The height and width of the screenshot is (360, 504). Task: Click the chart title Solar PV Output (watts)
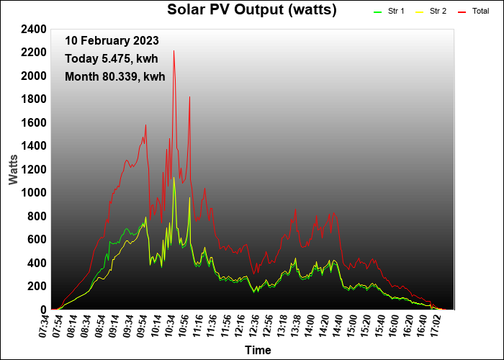[252, 10]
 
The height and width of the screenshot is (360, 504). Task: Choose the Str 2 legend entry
[438, 12]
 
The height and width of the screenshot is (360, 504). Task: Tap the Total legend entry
[480, 12]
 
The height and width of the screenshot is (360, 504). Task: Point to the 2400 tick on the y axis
[35, 30]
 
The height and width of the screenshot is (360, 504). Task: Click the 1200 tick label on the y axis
[35, 170]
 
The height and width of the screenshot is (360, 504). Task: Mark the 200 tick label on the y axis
[37, 287]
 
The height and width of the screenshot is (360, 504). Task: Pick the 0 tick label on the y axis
[43, 310]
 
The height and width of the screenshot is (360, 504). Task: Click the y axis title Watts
[14, 168]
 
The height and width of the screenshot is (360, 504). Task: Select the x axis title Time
[258, 351]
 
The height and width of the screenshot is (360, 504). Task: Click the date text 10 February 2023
[112, 41]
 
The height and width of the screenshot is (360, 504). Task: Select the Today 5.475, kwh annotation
[111, 58]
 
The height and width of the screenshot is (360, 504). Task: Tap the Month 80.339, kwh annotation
[114, 76]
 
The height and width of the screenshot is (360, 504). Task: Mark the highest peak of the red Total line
[174, 51]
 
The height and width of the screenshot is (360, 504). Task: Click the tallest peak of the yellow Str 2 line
[174, 178]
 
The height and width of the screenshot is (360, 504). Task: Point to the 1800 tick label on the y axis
[35, 99]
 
